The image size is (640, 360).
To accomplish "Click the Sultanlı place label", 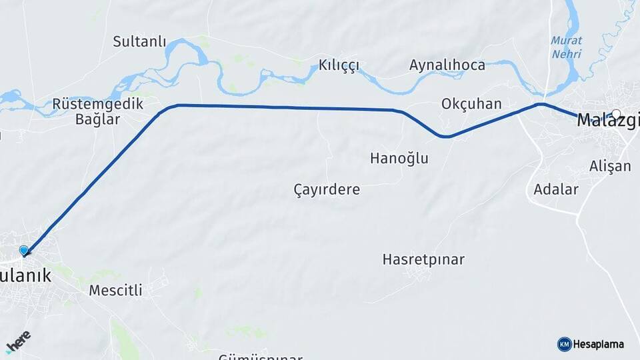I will pos(139,41).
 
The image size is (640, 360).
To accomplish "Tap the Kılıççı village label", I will pos(339,65).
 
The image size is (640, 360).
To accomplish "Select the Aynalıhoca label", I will pos(447,65).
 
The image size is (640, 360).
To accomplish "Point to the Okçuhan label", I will pos(471,104).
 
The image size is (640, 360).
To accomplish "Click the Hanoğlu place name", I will pos(399,158).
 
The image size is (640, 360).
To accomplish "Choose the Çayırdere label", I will pos(327,189).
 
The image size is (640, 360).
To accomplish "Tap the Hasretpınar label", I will pos(423,259).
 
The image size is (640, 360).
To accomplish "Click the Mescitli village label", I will pos(116,290).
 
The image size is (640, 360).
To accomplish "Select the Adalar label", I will pos(556,189).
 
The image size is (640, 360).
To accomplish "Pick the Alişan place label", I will pos(610,166).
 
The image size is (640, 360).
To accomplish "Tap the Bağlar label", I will pos(97,120).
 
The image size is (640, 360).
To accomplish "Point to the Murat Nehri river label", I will pos(566,47).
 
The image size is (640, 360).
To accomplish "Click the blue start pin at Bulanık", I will pos(25,251).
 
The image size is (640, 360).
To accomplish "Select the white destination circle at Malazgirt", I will pos(616,114).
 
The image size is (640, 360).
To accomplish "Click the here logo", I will pos(19,341).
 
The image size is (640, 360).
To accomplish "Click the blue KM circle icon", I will pos(564,344).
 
